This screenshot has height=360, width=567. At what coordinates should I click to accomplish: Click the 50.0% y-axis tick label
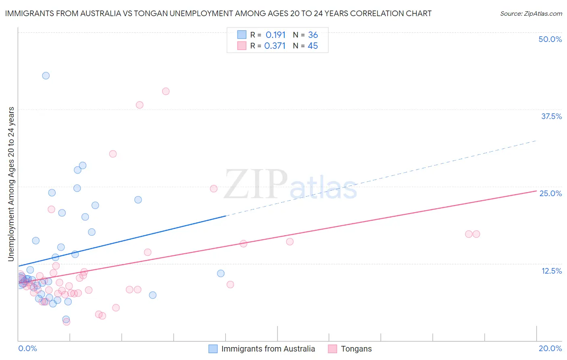click(550, 39)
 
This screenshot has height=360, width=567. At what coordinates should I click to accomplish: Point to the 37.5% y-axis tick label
click(551, 116)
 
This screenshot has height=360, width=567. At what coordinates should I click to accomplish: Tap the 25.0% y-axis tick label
click(550, 193)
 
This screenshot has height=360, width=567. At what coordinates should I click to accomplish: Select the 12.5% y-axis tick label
click(551, 271)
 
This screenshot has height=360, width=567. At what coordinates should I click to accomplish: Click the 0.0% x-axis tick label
click(27, 348)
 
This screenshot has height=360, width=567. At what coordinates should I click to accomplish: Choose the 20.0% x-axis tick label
click(550, 348)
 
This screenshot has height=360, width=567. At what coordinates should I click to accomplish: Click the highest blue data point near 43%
click(46, 76)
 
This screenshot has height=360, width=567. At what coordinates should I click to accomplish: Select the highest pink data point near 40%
click(166, 91)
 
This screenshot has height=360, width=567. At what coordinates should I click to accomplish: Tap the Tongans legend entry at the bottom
click(356, 349)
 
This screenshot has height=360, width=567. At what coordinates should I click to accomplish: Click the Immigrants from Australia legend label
click(268, 349)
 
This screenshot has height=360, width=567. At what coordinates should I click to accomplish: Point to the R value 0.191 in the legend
click(275, 35)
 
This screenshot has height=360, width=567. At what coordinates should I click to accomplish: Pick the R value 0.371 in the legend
click(275, 46)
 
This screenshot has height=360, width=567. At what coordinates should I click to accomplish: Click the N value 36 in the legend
click(313, 35)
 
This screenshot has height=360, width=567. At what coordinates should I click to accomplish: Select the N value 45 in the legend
click(313, 46)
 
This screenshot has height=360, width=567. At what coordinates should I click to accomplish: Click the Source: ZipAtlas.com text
click(531, 14)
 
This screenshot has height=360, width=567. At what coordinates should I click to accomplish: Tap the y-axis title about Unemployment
click(11, 184)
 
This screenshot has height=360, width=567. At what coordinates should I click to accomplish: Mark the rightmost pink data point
click(476, 234)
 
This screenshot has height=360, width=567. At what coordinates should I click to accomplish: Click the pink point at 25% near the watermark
click(214, 189)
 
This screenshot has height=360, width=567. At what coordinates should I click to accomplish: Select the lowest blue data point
click(66, 319)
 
